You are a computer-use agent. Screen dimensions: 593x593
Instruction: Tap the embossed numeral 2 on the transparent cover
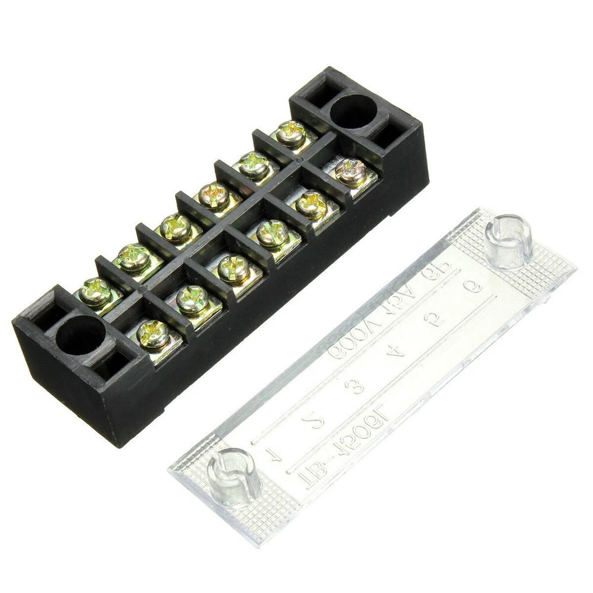(316, 423)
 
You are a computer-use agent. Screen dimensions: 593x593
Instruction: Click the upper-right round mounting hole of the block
(353, 112)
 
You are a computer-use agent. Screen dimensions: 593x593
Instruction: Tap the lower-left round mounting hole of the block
(81, 335)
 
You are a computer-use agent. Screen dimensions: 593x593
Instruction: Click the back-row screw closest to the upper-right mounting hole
(290, 133)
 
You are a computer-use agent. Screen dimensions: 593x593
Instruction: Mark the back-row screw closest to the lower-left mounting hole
(96, 291)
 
